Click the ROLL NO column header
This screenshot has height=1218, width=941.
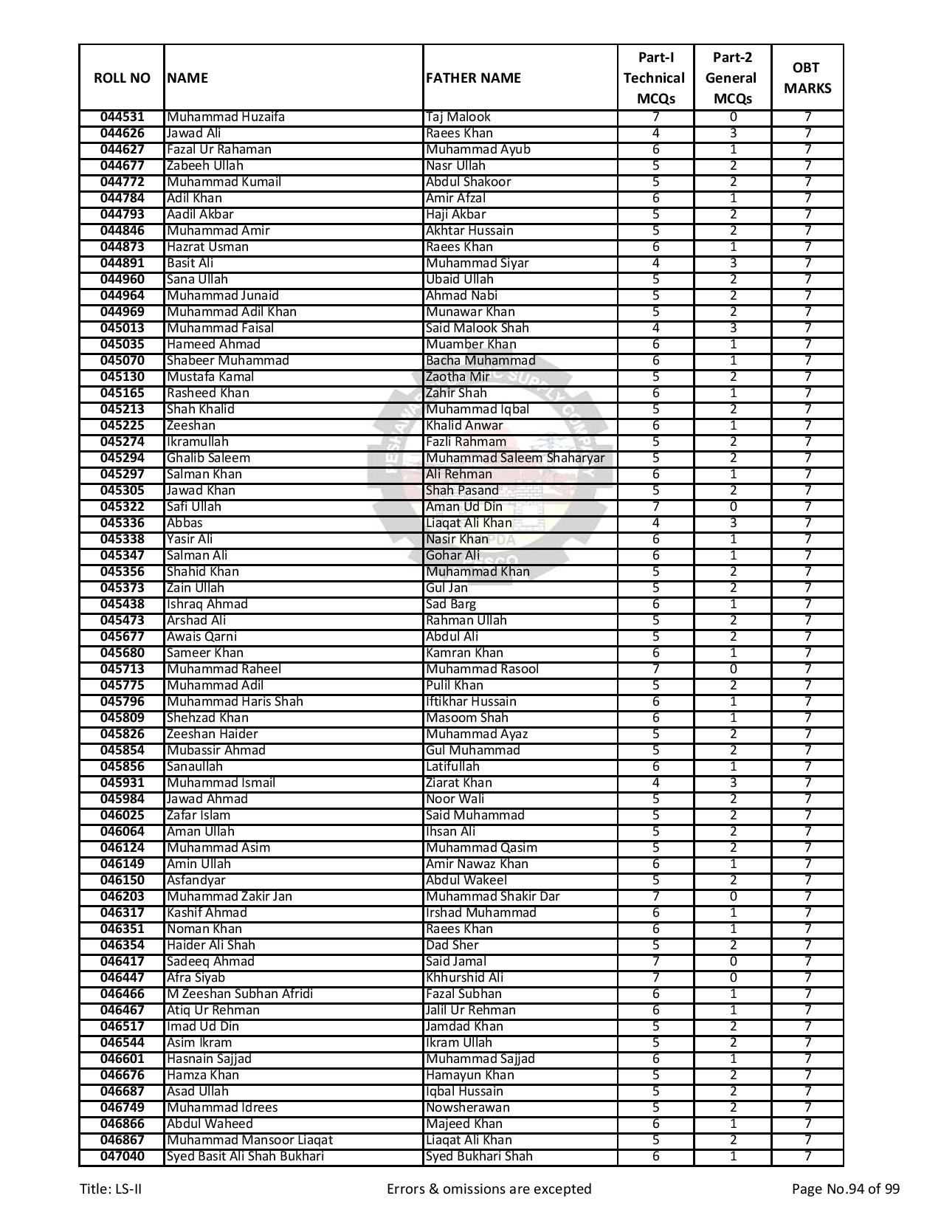click(x=122, y=78)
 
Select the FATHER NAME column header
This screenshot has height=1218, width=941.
click(x=473, y=78)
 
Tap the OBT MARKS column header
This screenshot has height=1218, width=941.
click(x=807, y=78)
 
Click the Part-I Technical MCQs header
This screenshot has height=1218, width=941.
click(x=655, y=78)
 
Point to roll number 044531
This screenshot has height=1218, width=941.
click(x=122, y=117)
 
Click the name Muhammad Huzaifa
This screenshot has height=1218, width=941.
click(x=225, y=117)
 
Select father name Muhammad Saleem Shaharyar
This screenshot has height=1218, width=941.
click(x=514, y=458)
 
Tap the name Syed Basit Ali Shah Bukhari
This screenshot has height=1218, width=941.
click(x=245, y=1157)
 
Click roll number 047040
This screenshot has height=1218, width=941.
click(x=122, y=1157)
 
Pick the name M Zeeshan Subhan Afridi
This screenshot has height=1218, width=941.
click(x=239, y=994)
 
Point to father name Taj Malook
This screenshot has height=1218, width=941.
click(x=458, y=117)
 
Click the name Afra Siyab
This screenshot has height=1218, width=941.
click(x=196, y=978)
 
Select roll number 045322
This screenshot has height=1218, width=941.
click(x=122, y=507)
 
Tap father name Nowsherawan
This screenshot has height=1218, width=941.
click(x=467, y=1108)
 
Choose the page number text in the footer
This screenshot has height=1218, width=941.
click(x=845, y=1189)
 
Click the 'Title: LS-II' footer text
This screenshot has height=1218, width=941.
click(x=111, y=1189)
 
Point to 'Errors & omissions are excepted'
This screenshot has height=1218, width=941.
click(x=489, y=1189)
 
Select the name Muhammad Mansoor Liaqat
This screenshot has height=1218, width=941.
click(x=249, y=1140)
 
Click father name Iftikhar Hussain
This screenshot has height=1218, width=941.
click(x=471, y=702)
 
